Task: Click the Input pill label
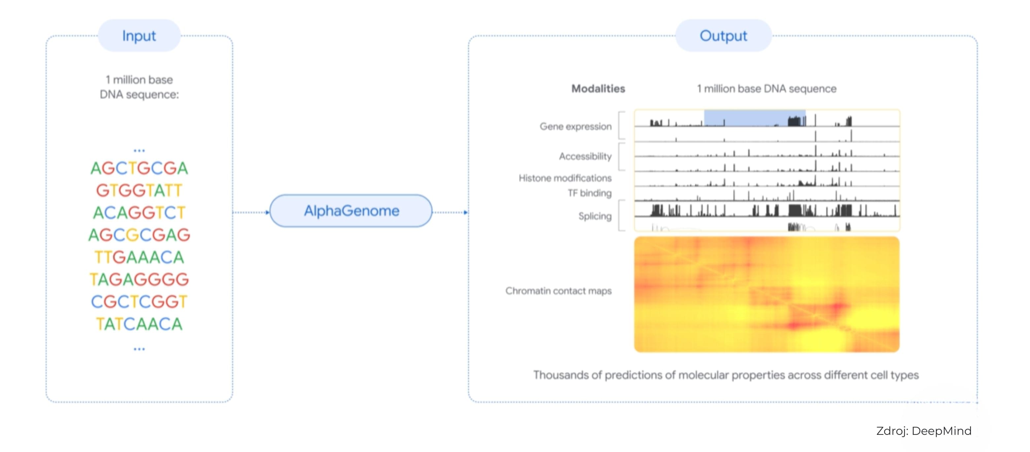tap(139, 36)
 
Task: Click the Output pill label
tap(723, 36)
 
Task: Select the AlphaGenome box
tap(351, 211)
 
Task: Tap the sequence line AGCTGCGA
tap(139, 168)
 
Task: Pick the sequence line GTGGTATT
tap(139, 191)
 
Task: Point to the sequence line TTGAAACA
tap(139, 257)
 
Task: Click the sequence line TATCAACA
tap(139, 324)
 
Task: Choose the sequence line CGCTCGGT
tap(139, 301)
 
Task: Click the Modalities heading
tap(598, 88)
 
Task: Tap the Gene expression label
tap(575, 126)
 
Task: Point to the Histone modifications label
tap(565, 178)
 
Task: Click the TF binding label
tap(590, 193)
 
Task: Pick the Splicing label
tap(595, 216)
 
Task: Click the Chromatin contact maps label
tap(558, 291)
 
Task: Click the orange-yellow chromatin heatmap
tap(767, 295)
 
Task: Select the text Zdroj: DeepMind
tap(924, 431)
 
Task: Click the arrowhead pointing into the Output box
tap(465, 212)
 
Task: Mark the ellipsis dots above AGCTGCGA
tap(139, 151)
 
